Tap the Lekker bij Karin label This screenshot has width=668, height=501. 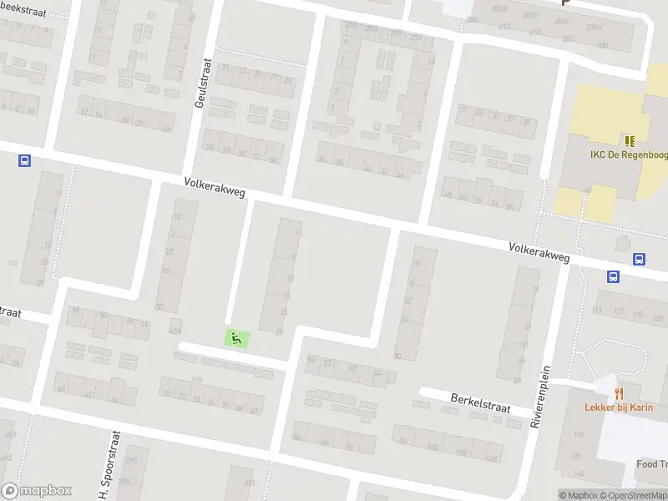pyautogui.click(x=618, y=407)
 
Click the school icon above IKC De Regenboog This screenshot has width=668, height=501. pyautogui.click(x=629, y=140)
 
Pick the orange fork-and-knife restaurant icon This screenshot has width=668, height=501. pyautogui.click(x=619, y=392)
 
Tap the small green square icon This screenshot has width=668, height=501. pyautogui.click(x=236, y=338)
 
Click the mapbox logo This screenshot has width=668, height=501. pyautogui.click(x=37, y=491)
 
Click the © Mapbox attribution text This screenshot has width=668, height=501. pyautogui.click(x=578, y=495)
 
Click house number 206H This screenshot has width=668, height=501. pyautogui.click(x=594, y=26)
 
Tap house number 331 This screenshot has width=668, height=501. pyautogui.click(x=248, y=483)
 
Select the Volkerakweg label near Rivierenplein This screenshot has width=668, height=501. pyautogui.click(x=539, y=252)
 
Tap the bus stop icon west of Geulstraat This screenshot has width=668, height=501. pyautogui.click(x=24, y=160)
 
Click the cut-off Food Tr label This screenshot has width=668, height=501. pyautogui.click(x=652, y=464)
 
